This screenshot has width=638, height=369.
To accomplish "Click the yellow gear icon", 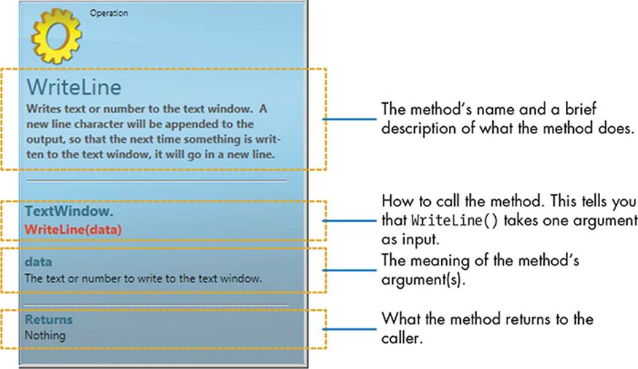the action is pyautogui.click(x=56, y=36).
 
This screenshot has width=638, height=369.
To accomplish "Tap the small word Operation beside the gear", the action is pyautogui.click(x=109, y=13).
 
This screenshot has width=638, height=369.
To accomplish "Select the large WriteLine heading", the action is pyautogui.click(x=74, y=87).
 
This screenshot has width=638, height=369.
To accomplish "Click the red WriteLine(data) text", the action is pyautogui.click(x=73, y=230).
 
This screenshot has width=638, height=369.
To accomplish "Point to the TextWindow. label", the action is pyautogui.click(x=69, y=211).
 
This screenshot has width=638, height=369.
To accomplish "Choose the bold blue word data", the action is pyautogui.click(x=38, y=262).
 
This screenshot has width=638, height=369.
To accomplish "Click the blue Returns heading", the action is pyautogui.click(x=49, y=319).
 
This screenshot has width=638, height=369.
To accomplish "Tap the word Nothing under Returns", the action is pyautogui.click(x=45, y=335).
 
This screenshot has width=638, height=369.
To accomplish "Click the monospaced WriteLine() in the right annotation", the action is pyautogui.click(x=454, y=220).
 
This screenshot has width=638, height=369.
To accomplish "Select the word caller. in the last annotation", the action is pyautogui.click(x=402, y=338).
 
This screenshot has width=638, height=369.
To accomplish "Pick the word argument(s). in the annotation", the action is pyautogui.click(x=423, y=280).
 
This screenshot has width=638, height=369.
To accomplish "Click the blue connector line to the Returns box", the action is pyautogui.click(x=350, y=329).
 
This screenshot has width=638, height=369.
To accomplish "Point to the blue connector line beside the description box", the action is pyautogui.click(x=350, y=119).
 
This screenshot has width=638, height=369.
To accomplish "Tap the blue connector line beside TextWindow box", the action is pyautogui.click(x=350, y=221).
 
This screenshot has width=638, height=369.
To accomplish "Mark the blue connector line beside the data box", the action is pyautogui.click(x=350, y=270).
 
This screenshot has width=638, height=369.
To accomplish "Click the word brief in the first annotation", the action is pyautogui.click(x=580, y=109).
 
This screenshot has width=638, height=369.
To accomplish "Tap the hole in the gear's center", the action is pyautogui.click(x=57, y=36).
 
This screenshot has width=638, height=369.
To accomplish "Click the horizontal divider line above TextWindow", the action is pyautogui.click(x=157, y=181).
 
